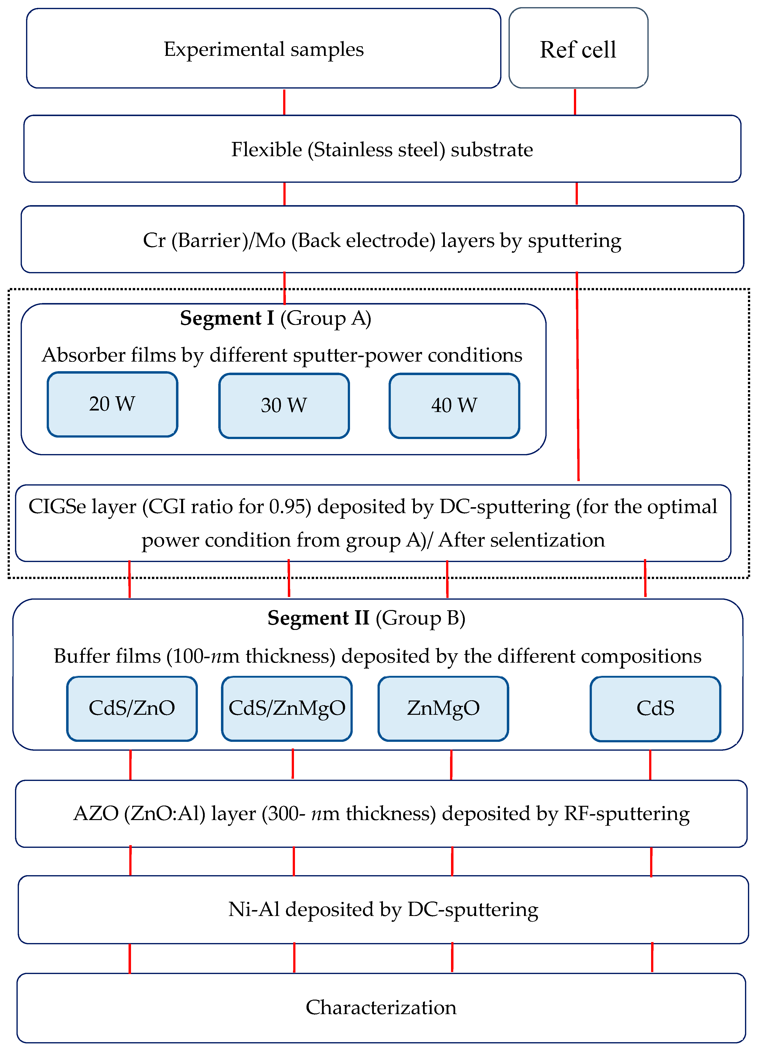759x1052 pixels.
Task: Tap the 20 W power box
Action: click(x=112, y=404)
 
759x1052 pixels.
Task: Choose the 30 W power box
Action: click(x=284, y=405)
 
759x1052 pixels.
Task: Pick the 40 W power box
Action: click(x=454, y=405)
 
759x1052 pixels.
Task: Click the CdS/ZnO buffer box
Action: click(x=132, y=708)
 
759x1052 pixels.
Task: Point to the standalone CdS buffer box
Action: click(x=655, y=708)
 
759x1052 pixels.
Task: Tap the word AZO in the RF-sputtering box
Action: click(x=96, y=814)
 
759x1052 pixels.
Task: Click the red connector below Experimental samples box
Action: click(x=284, y=102)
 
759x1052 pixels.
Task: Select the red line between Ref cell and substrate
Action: click(x=575, y=102)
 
